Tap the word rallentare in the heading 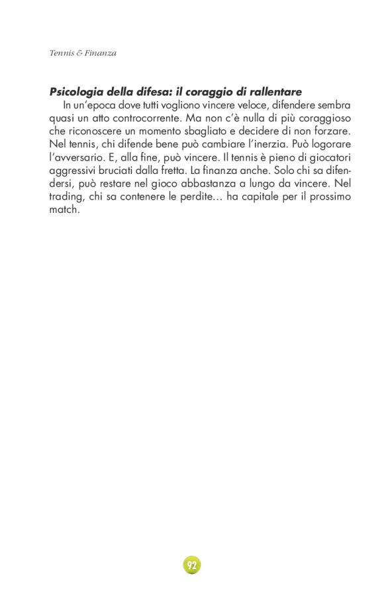274,92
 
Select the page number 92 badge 192,565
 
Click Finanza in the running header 101,53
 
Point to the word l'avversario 77,157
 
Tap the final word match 64,210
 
